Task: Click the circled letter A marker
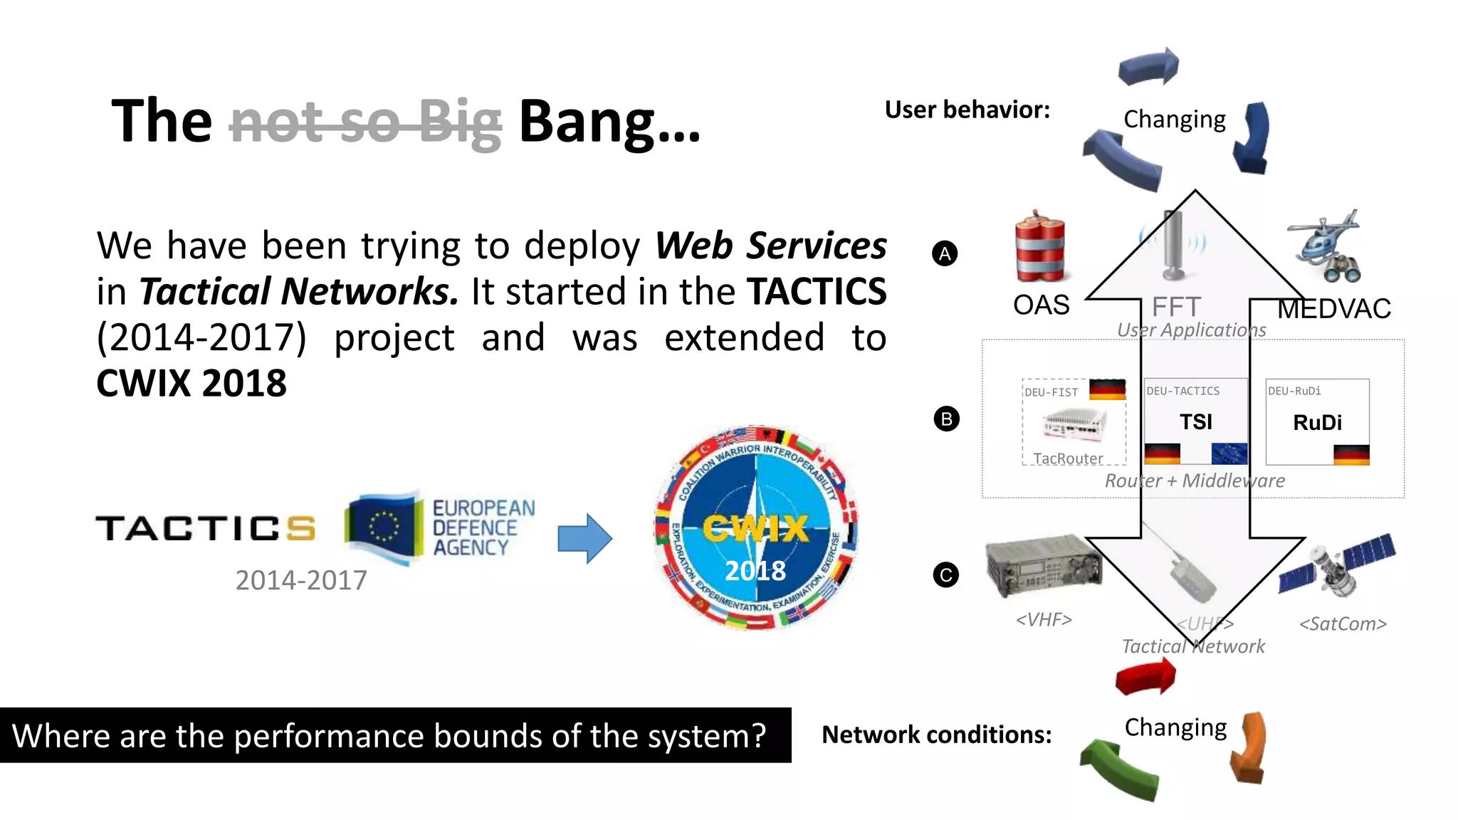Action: [x=945, y=253]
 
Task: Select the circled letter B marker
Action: [x=946, y=419]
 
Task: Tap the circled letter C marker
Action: [x=946, y=575]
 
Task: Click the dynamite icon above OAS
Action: [x=1040, y=247]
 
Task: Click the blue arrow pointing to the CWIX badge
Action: [x=584, y=538]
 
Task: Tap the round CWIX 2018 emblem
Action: [x=755, y=527]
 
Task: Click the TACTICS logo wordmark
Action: [x=205, y=528]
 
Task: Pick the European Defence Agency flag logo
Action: [x=383, y=527]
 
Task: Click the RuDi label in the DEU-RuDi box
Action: [x=1317, y=423]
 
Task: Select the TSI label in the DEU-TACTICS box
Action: [x=1195, y=422]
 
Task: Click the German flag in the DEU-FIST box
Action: [x=1107, y=389]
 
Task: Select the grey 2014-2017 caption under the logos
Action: [x=301, y=580]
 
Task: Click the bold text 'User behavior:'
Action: [x=967, y=110]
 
